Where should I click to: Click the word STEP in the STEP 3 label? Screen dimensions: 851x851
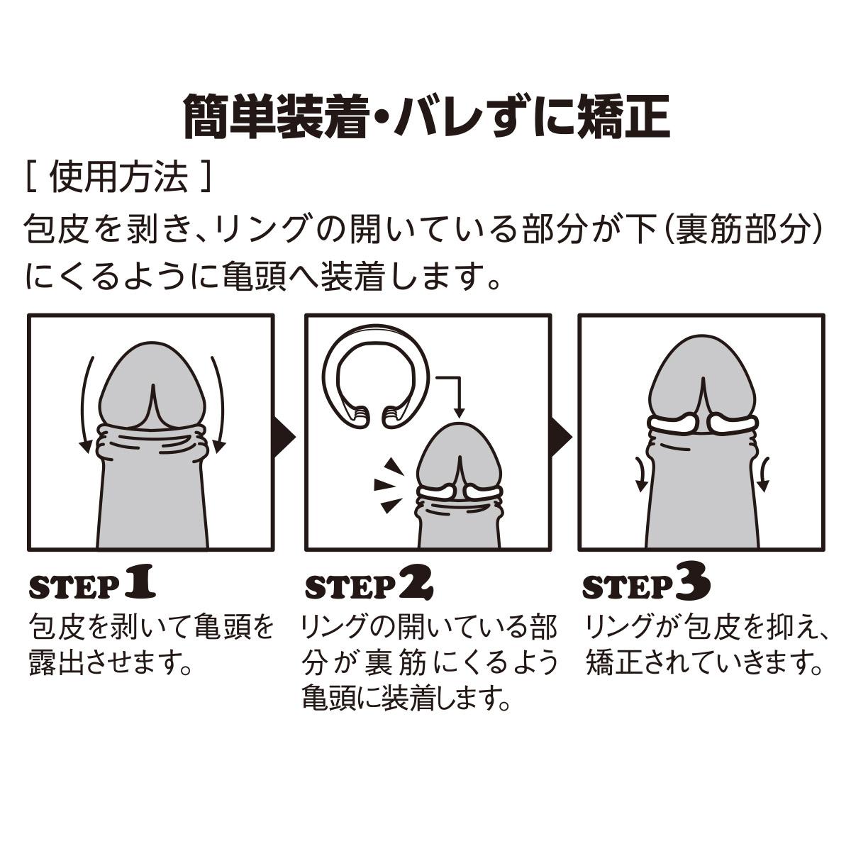point(628,587)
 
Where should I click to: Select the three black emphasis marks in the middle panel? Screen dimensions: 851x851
point(389,485)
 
